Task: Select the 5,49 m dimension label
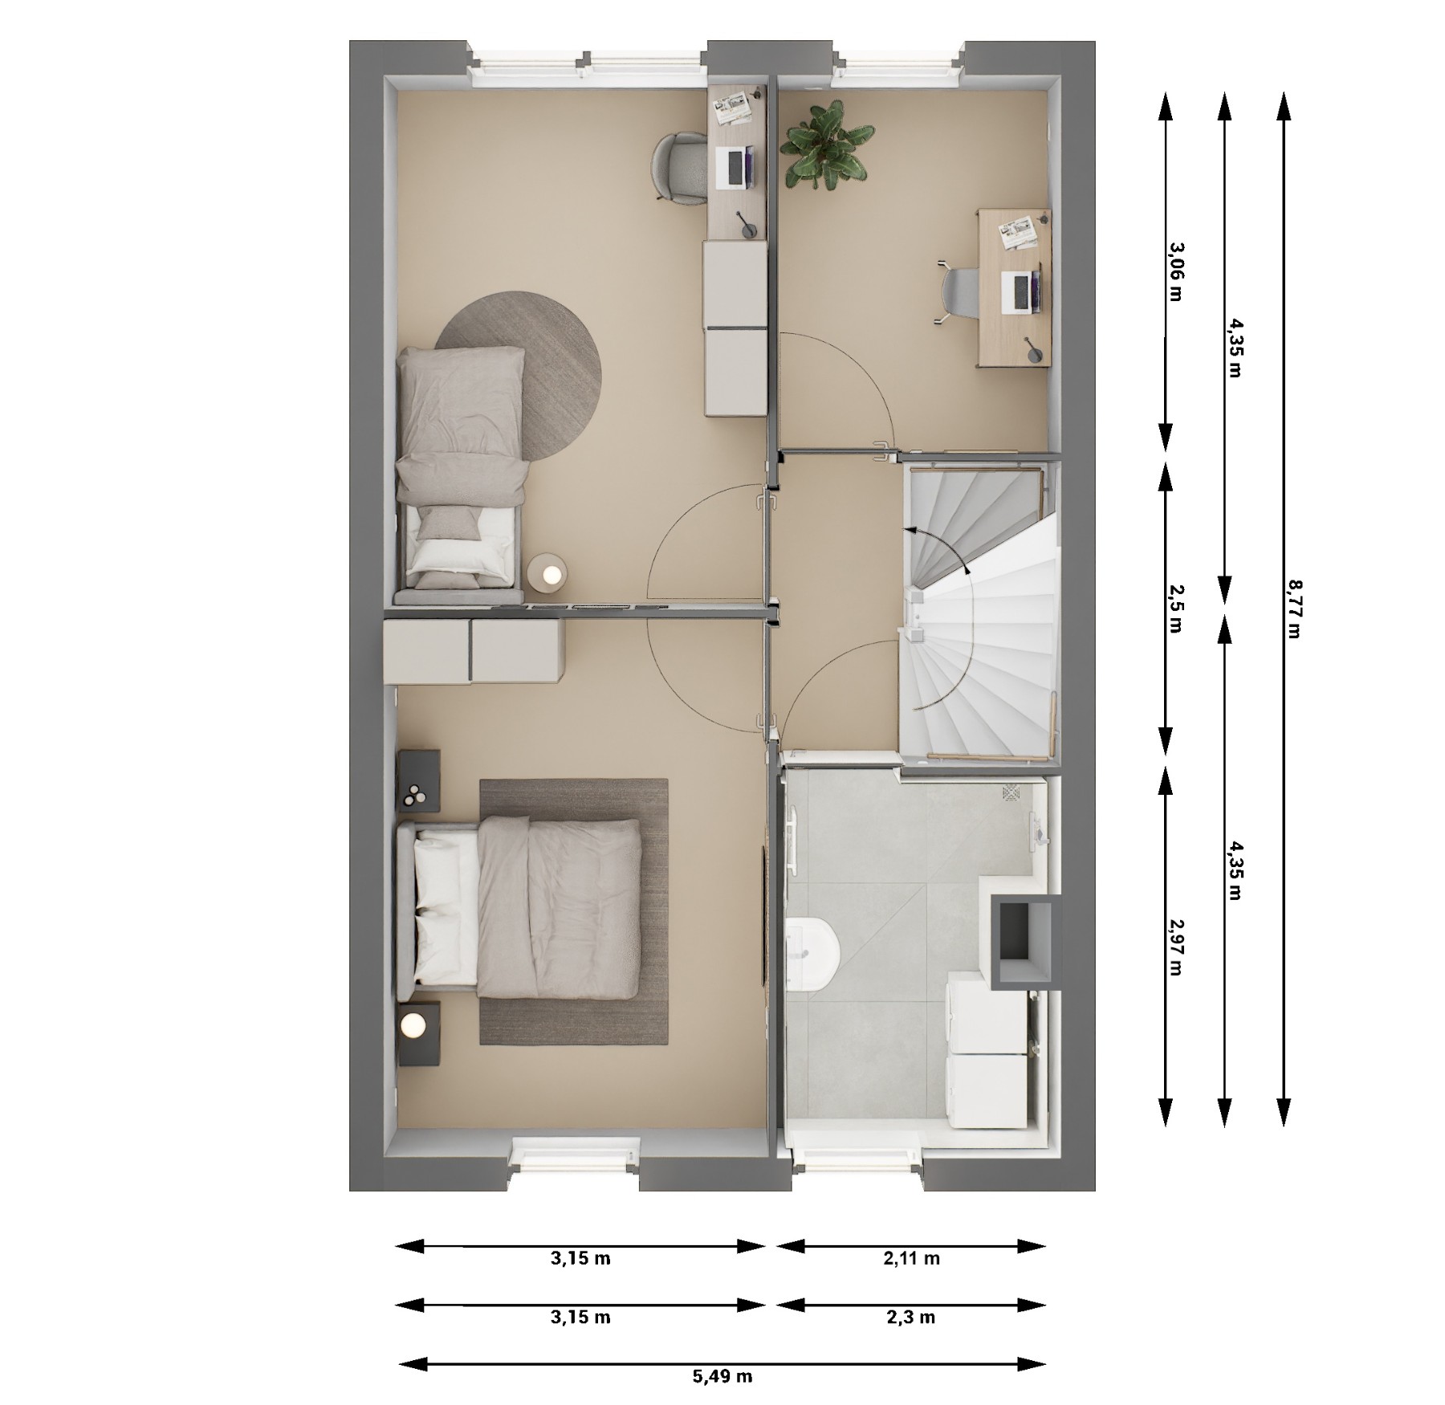[x=722, y=1376]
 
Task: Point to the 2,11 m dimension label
[x=912, y=1258]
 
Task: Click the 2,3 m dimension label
[x=912, y=1317]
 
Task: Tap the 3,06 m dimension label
[x=1176, y=271]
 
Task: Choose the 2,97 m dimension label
[x=1176, y=947]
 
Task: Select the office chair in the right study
[x=959, y=292]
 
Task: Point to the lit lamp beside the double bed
[x=413, y=1024]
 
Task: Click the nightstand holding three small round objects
[x=419, y=782]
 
